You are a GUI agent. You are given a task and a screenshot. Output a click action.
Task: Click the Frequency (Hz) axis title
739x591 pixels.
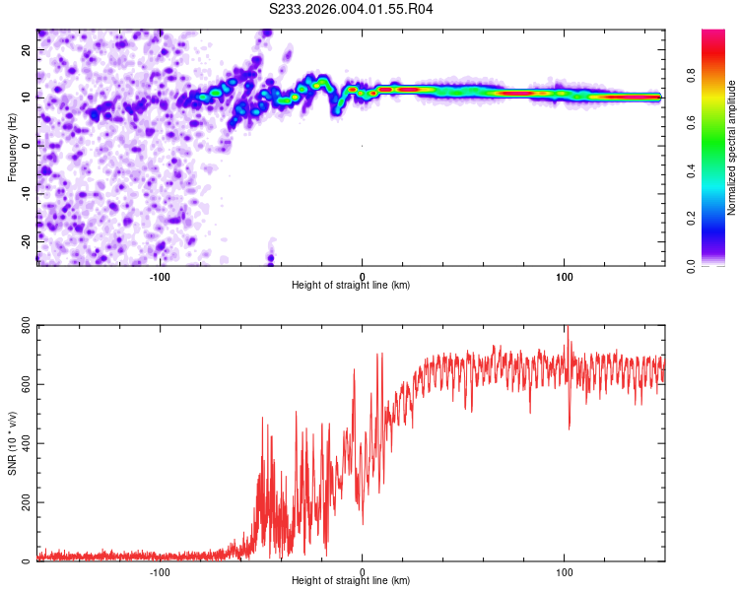[x=12, y=148]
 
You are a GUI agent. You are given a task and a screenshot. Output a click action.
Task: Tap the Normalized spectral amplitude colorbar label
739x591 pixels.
[x=731, y=148]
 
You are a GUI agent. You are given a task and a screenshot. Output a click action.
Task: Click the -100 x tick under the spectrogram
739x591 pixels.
[x=160, y=276]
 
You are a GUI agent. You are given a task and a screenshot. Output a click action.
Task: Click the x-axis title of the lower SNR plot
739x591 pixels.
[x=351, y=581]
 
